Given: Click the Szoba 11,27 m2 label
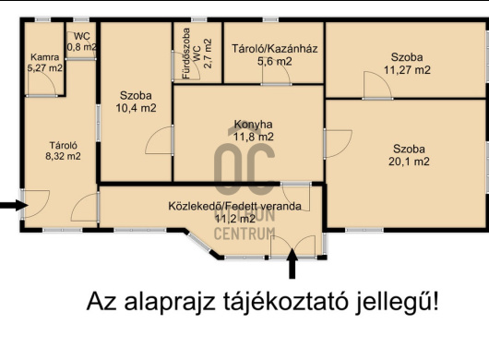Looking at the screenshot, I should tap(407, 63).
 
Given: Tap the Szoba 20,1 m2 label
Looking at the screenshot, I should tap(409, 155).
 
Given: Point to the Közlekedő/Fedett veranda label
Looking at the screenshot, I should tap(234, 206).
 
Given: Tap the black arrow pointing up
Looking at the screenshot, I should tap(293, 265).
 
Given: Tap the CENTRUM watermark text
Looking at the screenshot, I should tap(244, 234).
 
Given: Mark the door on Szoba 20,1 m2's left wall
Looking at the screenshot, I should tap(338, 143).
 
